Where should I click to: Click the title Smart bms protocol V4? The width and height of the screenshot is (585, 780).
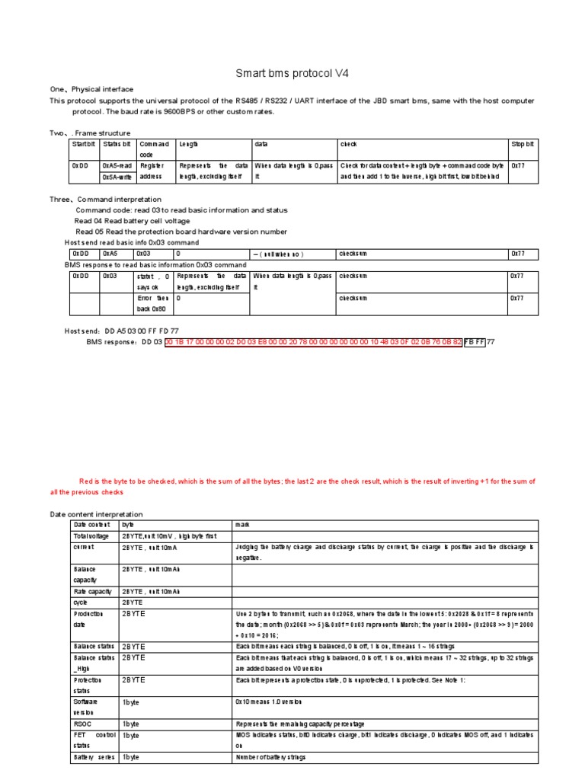[x=292, y=74]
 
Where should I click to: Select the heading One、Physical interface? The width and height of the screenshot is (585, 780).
[x=91, y=89]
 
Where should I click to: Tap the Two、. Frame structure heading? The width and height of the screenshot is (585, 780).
[x=90, y=133]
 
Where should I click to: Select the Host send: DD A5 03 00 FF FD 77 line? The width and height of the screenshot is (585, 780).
[x=122, y=331]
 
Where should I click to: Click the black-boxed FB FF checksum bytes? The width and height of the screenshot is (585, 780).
[x=474, y=342]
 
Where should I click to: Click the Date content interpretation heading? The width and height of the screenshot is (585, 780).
[x=96, y=514]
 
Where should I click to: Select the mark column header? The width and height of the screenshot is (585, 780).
[x=241, y=525]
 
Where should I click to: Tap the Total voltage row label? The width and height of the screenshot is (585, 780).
[x=91, y=536]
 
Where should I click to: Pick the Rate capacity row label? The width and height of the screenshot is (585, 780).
[x=93, y=590]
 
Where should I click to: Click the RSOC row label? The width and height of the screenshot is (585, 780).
[x=82, y=723]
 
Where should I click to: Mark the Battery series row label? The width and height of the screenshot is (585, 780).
[x=94, y=758]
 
